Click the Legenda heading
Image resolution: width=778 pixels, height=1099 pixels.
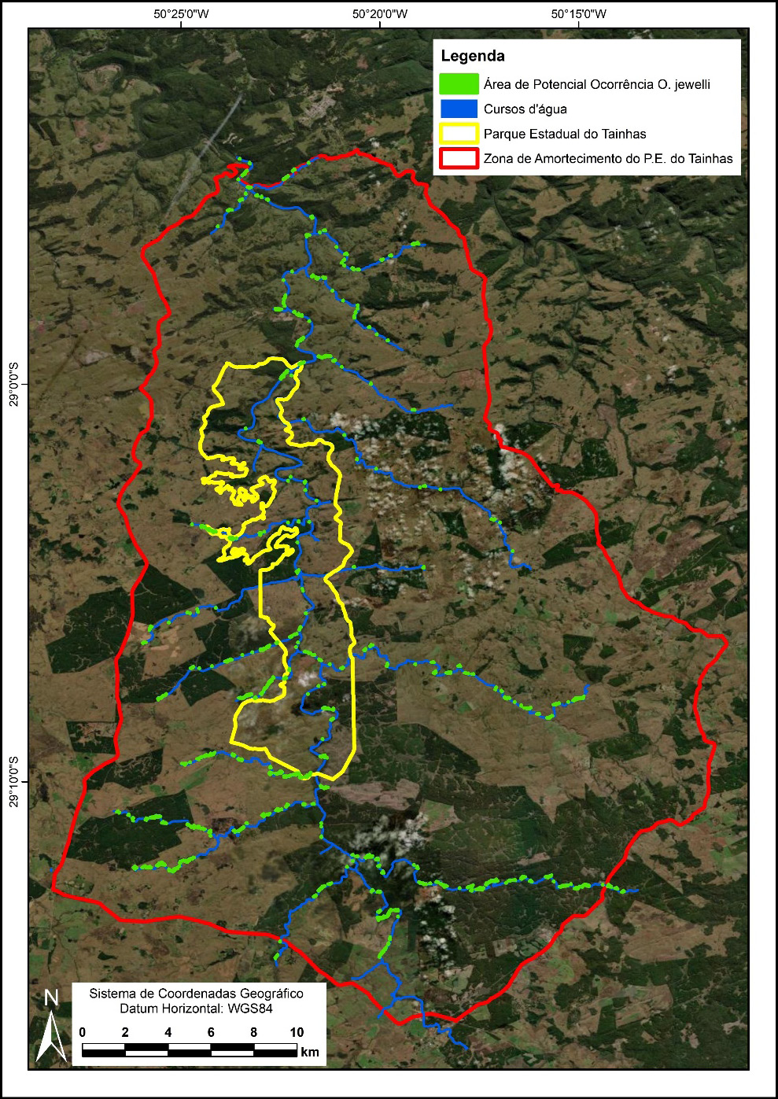click(473, 57)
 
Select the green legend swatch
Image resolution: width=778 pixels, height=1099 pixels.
click(459, 83)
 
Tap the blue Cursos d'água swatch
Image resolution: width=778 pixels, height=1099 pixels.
click(459, 109)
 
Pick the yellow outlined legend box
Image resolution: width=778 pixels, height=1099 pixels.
click(459, 134)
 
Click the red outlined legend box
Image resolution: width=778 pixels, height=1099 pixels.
click(459, 158)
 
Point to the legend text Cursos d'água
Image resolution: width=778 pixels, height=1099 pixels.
click(525, 109)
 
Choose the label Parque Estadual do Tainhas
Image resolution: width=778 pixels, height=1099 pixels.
click(565, 134)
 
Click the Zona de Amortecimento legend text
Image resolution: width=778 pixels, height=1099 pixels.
click(608, 159)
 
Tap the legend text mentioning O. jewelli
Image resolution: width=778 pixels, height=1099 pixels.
click(596, 84)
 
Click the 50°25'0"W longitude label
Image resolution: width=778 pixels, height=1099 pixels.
click(181, 13)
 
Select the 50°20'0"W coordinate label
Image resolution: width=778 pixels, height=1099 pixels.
click(379, 13)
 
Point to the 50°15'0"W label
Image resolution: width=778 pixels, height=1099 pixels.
click(578, 13)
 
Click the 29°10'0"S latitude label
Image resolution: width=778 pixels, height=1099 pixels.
click(13, 781)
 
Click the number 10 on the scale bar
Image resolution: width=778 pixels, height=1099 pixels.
click(297, 1032)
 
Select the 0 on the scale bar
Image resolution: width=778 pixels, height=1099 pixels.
click(83, 1032)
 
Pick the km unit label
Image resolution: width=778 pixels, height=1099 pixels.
click(309, 1052)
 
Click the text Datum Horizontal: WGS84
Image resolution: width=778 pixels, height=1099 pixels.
click(196, 1009)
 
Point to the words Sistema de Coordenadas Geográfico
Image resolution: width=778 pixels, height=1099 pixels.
click(196, 994)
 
